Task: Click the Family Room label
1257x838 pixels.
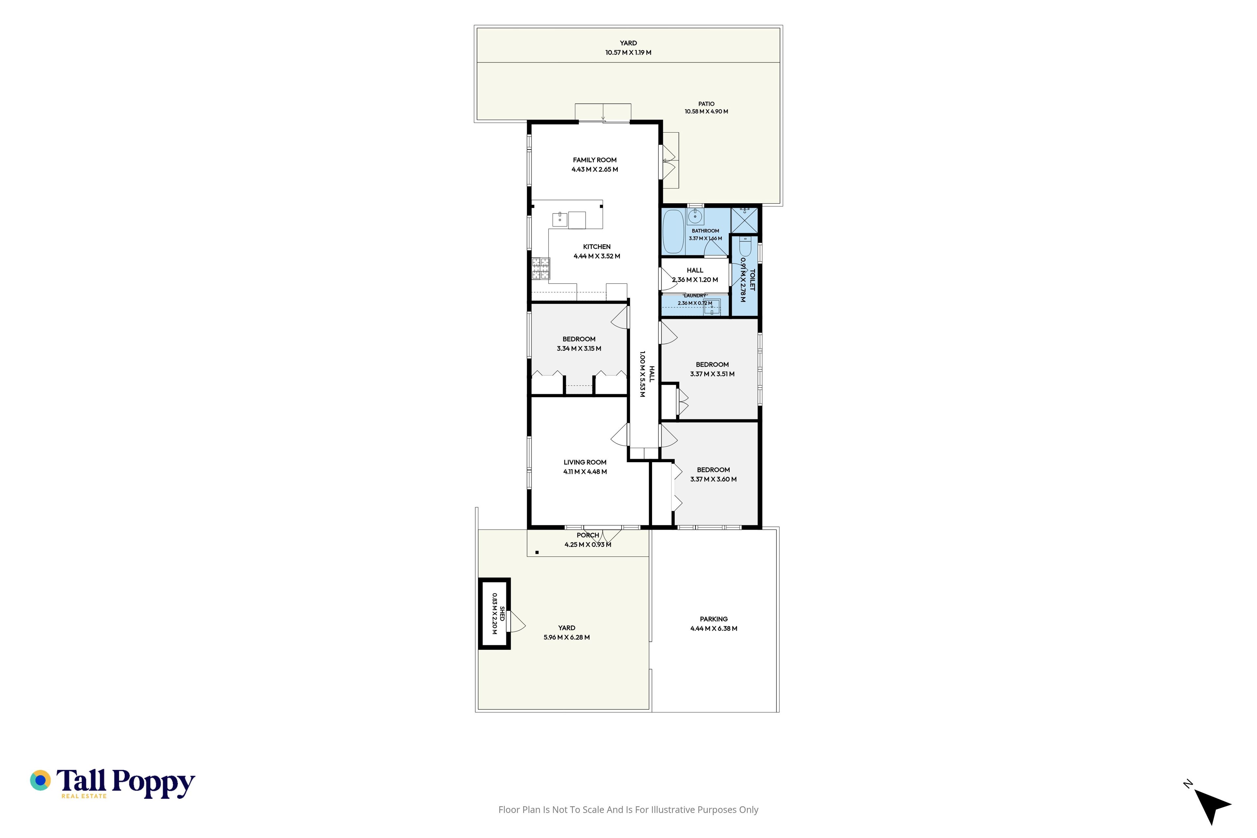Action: point(594,160)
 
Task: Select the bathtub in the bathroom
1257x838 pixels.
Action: point(673,231)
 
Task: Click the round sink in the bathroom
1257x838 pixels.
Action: point(695,216)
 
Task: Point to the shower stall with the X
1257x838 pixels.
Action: point(744,220)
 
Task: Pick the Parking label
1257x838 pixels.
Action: point(714,619)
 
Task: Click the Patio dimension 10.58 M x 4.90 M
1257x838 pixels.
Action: point(706,111)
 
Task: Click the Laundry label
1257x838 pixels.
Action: point(695,296)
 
